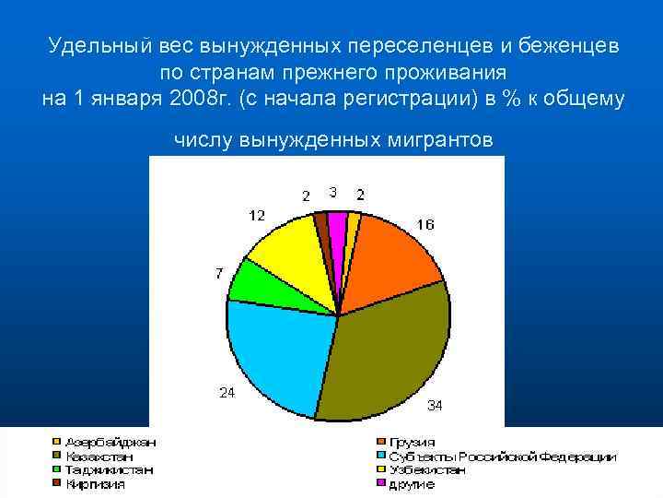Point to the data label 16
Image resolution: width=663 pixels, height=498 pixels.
425,225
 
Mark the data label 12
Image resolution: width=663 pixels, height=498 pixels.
257,216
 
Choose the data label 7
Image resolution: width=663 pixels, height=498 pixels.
219,274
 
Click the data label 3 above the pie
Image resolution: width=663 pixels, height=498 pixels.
332,192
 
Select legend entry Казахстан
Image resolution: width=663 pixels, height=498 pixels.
98,456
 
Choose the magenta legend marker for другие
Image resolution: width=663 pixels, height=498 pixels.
378,484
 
